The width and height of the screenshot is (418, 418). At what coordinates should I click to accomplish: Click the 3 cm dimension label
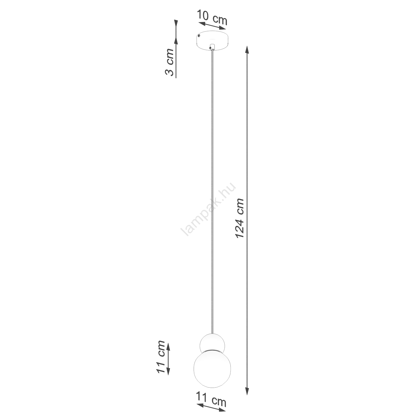(x=169, y=62)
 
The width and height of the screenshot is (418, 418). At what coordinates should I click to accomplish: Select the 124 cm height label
(x=240, y=218)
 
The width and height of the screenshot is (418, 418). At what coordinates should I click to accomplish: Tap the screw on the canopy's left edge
(x=199, y=36)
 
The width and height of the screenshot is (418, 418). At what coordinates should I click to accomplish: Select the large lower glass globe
(x=213, y=368)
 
